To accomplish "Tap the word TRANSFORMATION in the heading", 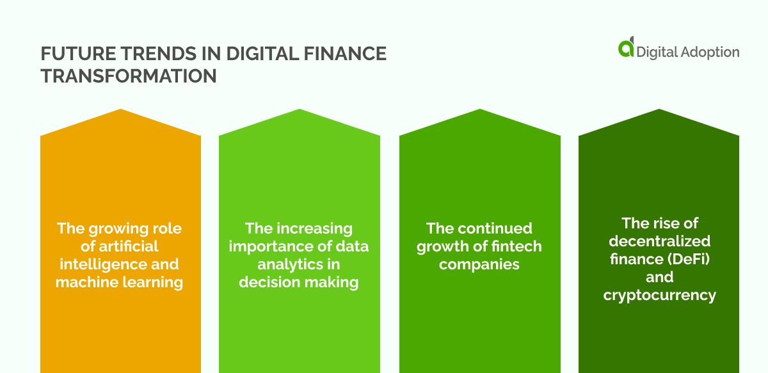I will pos(128,76).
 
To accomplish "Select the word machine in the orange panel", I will pos(84,282).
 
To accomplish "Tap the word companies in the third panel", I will pos(479,264).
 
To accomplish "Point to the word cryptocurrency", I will pos(659,295).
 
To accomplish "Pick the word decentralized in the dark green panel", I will pos(659,241).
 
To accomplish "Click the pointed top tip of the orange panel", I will pos(120,110).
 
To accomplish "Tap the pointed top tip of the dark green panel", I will pos(659,110).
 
